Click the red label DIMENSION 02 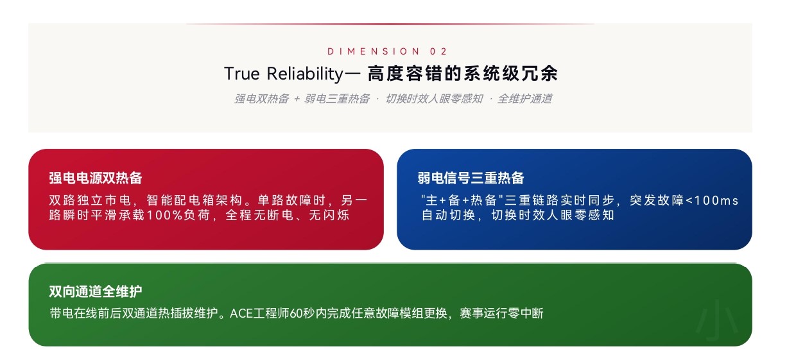387,51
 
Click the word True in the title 242,74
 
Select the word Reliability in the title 305,74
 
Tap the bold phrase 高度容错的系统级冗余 462,74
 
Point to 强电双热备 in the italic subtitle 261,98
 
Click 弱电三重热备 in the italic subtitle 337,98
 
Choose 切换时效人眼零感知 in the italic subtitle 434,98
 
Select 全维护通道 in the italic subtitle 524,98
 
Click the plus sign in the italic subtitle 297,99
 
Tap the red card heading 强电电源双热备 96,178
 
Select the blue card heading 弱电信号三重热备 471,178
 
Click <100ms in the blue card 712,200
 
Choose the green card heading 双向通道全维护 96,291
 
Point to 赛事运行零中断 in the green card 502,313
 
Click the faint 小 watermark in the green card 718,319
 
